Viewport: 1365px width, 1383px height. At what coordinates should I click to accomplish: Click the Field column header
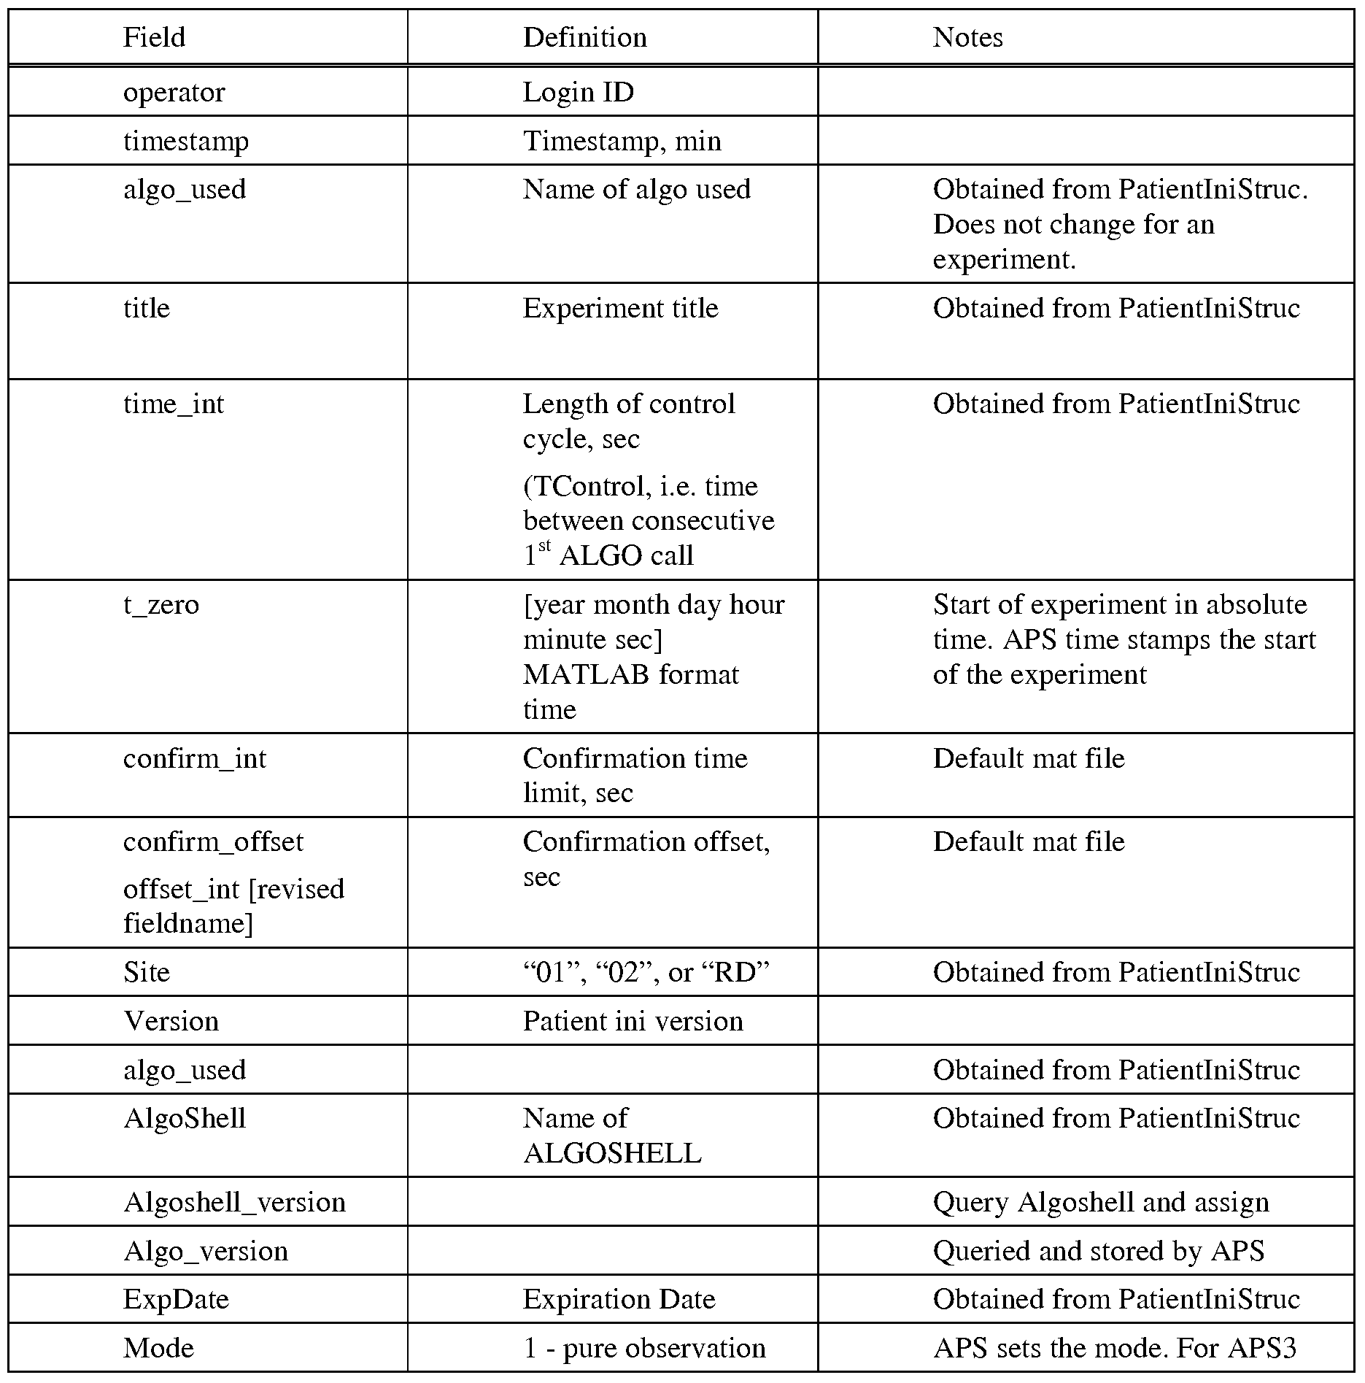click(154, 37)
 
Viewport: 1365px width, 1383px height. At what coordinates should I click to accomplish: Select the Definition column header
click(584, 37)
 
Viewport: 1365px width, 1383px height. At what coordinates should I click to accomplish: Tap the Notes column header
click(967, 37)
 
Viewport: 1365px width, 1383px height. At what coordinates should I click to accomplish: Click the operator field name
click(174, 93)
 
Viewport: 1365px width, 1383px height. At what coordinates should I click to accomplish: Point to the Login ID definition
click(578, 93)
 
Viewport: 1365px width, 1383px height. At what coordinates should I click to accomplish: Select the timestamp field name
click(185, 141)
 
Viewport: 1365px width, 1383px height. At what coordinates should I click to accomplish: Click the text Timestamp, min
click(622, 141)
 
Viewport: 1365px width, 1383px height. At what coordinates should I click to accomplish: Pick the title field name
click(146, 308)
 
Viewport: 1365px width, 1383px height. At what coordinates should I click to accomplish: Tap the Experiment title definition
click(620, 308)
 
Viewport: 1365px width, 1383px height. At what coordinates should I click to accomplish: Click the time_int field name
click(174, 404)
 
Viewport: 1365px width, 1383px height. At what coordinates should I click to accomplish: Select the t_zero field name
click(161, 604)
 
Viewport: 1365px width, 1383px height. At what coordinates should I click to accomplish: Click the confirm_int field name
click(195, 758)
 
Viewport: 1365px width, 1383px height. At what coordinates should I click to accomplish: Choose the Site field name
click(146, 972)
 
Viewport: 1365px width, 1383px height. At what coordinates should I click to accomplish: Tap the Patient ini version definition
click(633, 1021)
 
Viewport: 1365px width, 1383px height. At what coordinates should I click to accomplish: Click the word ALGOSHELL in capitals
click(612, 1153)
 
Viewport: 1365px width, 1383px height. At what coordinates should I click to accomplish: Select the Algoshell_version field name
click(234, 1202)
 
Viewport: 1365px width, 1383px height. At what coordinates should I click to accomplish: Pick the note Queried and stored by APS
click(1098, 1251)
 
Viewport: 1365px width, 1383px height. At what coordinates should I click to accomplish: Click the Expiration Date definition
click(619, 1299)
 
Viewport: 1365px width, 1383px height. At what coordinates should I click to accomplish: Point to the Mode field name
click(158, 1348)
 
